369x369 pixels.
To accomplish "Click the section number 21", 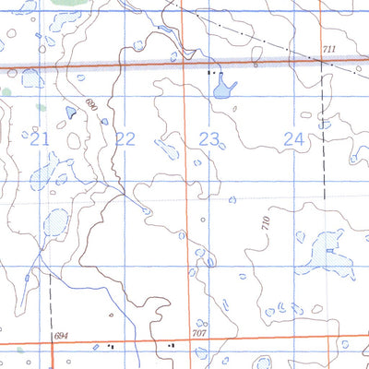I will [x=39, y=139].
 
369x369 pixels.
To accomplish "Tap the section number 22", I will [x=125, y=139].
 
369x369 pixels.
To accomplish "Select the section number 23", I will [x=210, y=139].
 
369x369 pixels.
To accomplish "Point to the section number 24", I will [x=294, y=139].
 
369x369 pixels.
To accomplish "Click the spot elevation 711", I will [x=330, y=49].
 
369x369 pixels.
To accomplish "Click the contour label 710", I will [x=267, y=221].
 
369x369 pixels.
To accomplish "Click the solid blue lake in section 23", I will [x=222, y=89].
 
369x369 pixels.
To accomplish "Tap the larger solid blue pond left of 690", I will [x=70, y=113].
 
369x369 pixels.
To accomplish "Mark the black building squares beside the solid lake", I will [x=213, y=71].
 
